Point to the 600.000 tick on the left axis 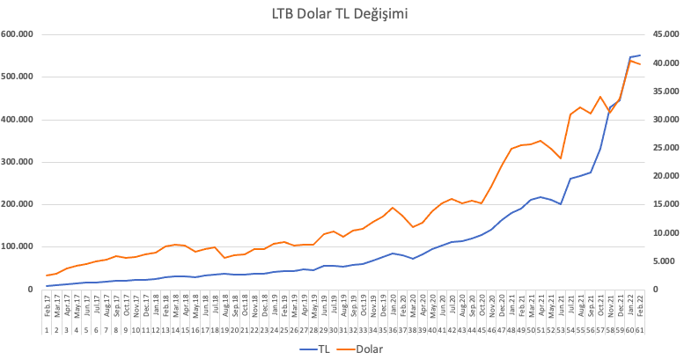[18, 34]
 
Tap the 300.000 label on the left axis [18, 162]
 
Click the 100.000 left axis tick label [18, 246]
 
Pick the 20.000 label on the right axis [662, 176]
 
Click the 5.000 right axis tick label [665, 261]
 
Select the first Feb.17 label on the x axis [48, 308]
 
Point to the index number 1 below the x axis [48, 330]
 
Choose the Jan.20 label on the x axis [393, 308]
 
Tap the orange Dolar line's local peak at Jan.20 [393, 208]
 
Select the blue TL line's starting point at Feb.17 [48, 286]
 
